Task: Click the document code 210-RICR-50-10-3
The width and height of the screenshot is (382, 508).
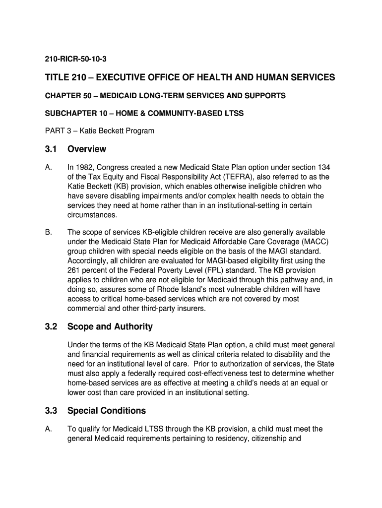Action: point(76,60)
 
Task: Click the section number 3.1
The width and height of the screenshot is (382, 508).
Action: point(51,149)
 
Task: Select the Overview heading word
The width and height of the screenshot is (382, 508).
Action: point(87,149)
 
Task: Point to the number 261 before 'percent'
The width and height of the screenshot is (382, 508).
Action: point(74,270)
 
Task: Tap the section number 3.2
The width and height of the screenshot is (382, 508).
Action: point(51,326)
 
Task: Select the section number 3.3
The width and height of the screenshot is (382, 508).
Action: point(51,411)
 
